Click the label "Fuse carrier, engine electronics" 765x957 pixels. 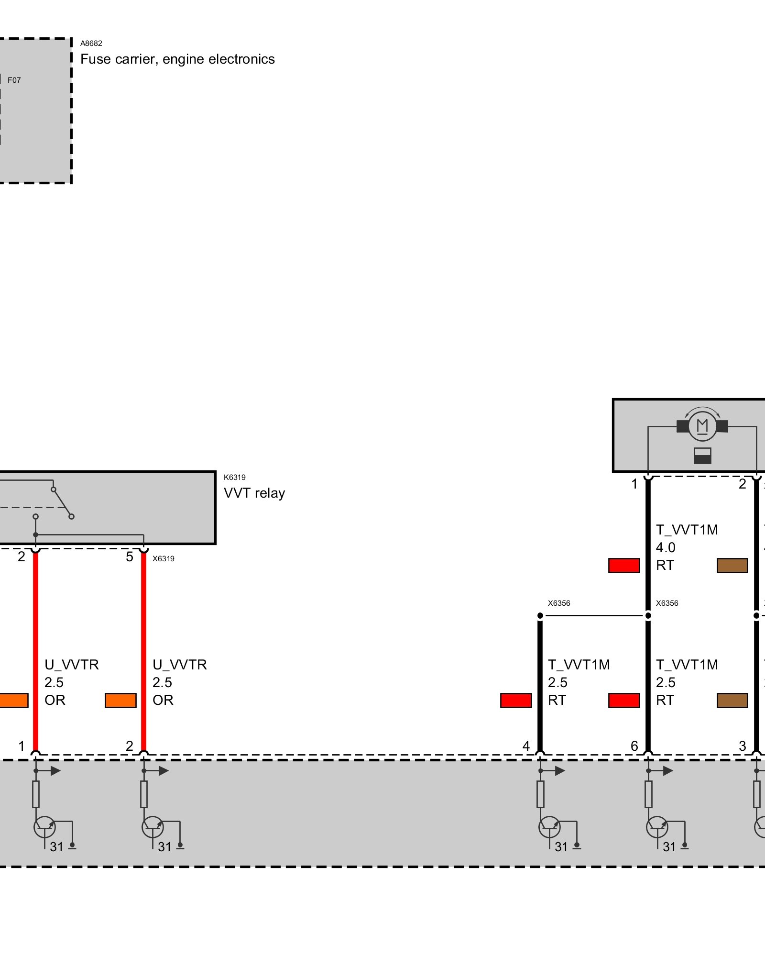tap(177, 59)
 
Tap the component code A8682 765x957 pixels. tap(91, 44)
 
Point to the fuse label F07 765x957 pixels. tap(14, 80)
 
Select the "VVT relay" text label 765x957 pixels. tap(254, 493)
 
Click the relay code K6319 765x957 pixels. tap(234, 477)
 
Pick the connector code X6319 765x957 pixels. tap(164, 558)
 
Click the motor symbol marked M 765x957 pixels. tap(702, 425)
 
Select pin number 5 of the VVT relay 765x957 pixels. tap(130, 557)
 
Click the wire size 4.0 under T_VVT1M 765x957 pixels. tap(666, 547)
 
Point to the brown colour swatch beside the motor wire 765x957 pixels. tap(732, 566)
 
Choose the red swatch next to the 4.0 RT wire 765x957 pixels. tap(624, 566)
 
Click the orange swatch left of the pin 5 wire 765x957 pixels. tap(120, 701)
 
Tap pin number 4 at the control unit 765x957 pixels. tap(526, 746)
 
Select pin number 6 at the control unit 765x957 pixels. tap(634, 746)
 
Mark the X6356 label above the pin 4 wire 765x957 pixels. tap(559, 603)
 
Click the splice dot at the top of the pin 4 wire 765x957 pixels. tap(540, 616)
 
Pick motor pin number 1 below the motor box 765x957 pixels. tap(634, 484)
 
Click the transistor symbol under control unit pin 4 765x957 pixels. tap(549, 826)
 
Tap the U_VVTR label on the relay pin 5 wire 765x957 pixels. tap(180, 665)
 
